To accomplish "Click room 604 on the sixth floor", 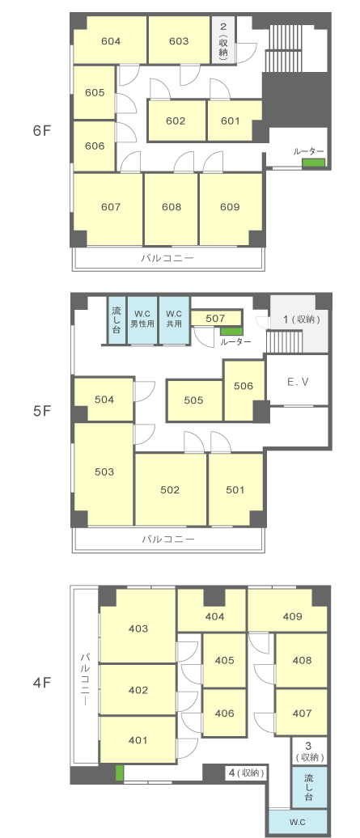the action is pos(110,40).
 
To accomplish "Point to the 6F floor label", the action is pos(41,130).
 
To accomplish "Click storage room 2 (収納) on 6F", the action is pos(224,40).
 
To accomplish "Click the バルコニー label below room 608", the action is pos(167,258).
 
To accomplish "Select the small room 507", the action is pos(216,319).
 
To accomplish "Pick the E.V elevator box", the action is pos(297,381).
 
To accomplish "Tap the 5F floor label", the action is pos(41,412).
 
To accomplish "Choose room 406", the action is pos(224,713).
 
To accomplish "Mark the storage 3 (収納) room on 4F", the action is pos(309,751).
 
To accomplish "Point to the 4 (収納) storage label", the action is pos(245,772).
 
